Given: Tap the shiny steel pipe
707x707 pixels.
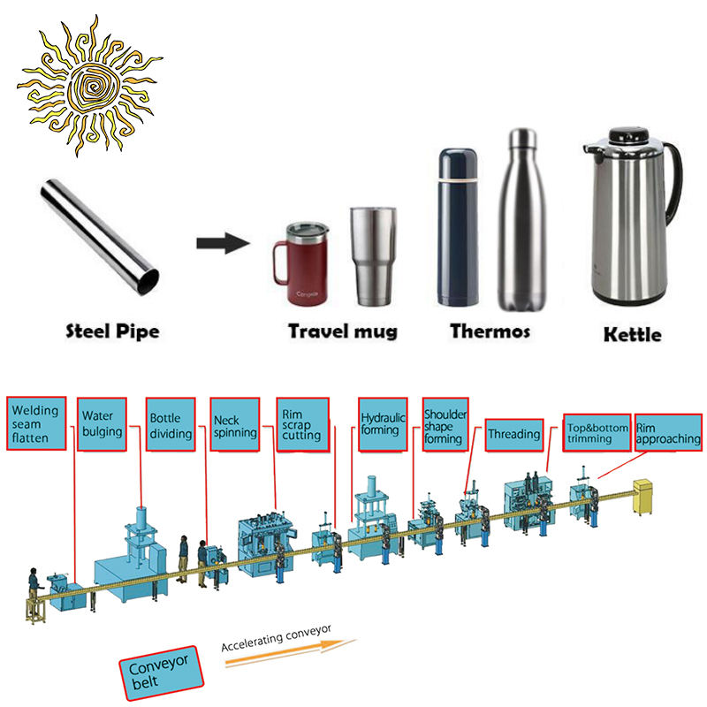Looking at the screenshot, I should pos(101,235).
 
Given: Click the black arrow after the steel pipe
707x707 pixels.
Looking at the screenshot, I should pos(222,243).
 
